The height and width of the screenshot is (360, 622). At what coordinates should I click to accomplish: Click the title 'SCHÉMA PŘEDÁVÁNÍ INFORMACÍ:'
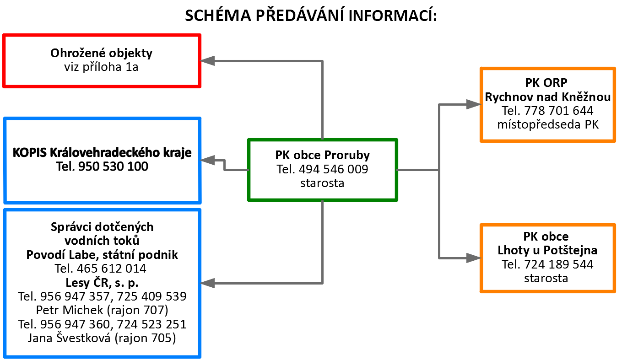[311, 16]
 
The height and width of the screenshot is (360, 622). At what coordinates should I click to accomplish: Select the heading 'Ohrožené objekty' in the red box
[101, 53]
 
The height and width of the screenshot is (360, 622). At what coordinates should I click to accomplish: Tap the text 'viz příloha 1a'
[101, 67]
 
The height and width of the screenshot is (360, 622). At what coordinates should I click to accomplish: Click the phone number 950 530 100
[114, 167]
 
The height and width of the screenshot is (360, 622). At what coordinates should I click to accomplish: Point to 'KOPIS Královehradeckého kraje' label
[102, 153]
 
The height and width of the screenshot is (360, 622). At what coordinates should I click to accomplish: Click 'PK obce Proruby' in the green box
[322, 155]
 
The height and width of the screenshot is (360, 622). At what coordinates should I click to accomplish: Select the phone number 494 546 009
[334, 169]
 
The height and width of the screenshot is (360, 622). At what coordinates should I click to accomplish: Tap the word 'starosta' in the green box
[322, 183]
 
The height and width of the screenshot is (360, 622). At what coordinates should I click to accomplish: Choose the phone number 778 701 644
[559, 111]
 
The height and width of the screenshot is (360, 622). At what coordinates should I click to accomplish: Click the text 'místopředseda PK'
[548, 124]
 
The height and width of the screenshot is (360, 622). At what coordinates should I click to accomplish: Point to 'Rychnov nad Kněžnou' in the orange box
[548, 97]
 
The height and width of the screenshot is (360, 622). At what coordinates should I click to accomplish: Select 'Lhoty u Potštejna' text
[547, 250]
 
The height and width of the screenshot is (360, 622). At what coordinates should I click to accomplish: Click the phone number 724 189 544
[559, 264]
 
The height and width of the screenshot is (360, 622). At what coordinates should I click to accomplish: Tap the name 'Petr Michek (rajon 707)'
[102, 310]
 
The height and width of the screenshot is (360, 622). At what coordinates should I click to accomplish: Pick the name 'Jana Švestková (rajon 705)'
[102, 338]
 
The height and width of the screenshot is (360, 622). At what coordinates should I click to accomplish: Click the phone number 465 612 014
[112, 269]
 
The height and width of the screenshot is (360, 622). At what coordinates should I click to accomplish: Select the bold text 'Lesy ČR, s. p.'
[102, 283]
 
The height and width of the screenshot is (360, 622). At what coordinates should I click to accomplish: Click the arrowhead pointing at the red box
[207, 61]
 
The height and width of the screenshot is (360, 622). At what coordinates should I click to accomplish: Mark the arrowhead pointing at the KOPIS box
[207, 160]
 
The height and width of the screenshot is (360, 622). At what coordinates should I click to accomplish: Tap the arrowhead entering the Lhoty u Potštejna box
[474, 258]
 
